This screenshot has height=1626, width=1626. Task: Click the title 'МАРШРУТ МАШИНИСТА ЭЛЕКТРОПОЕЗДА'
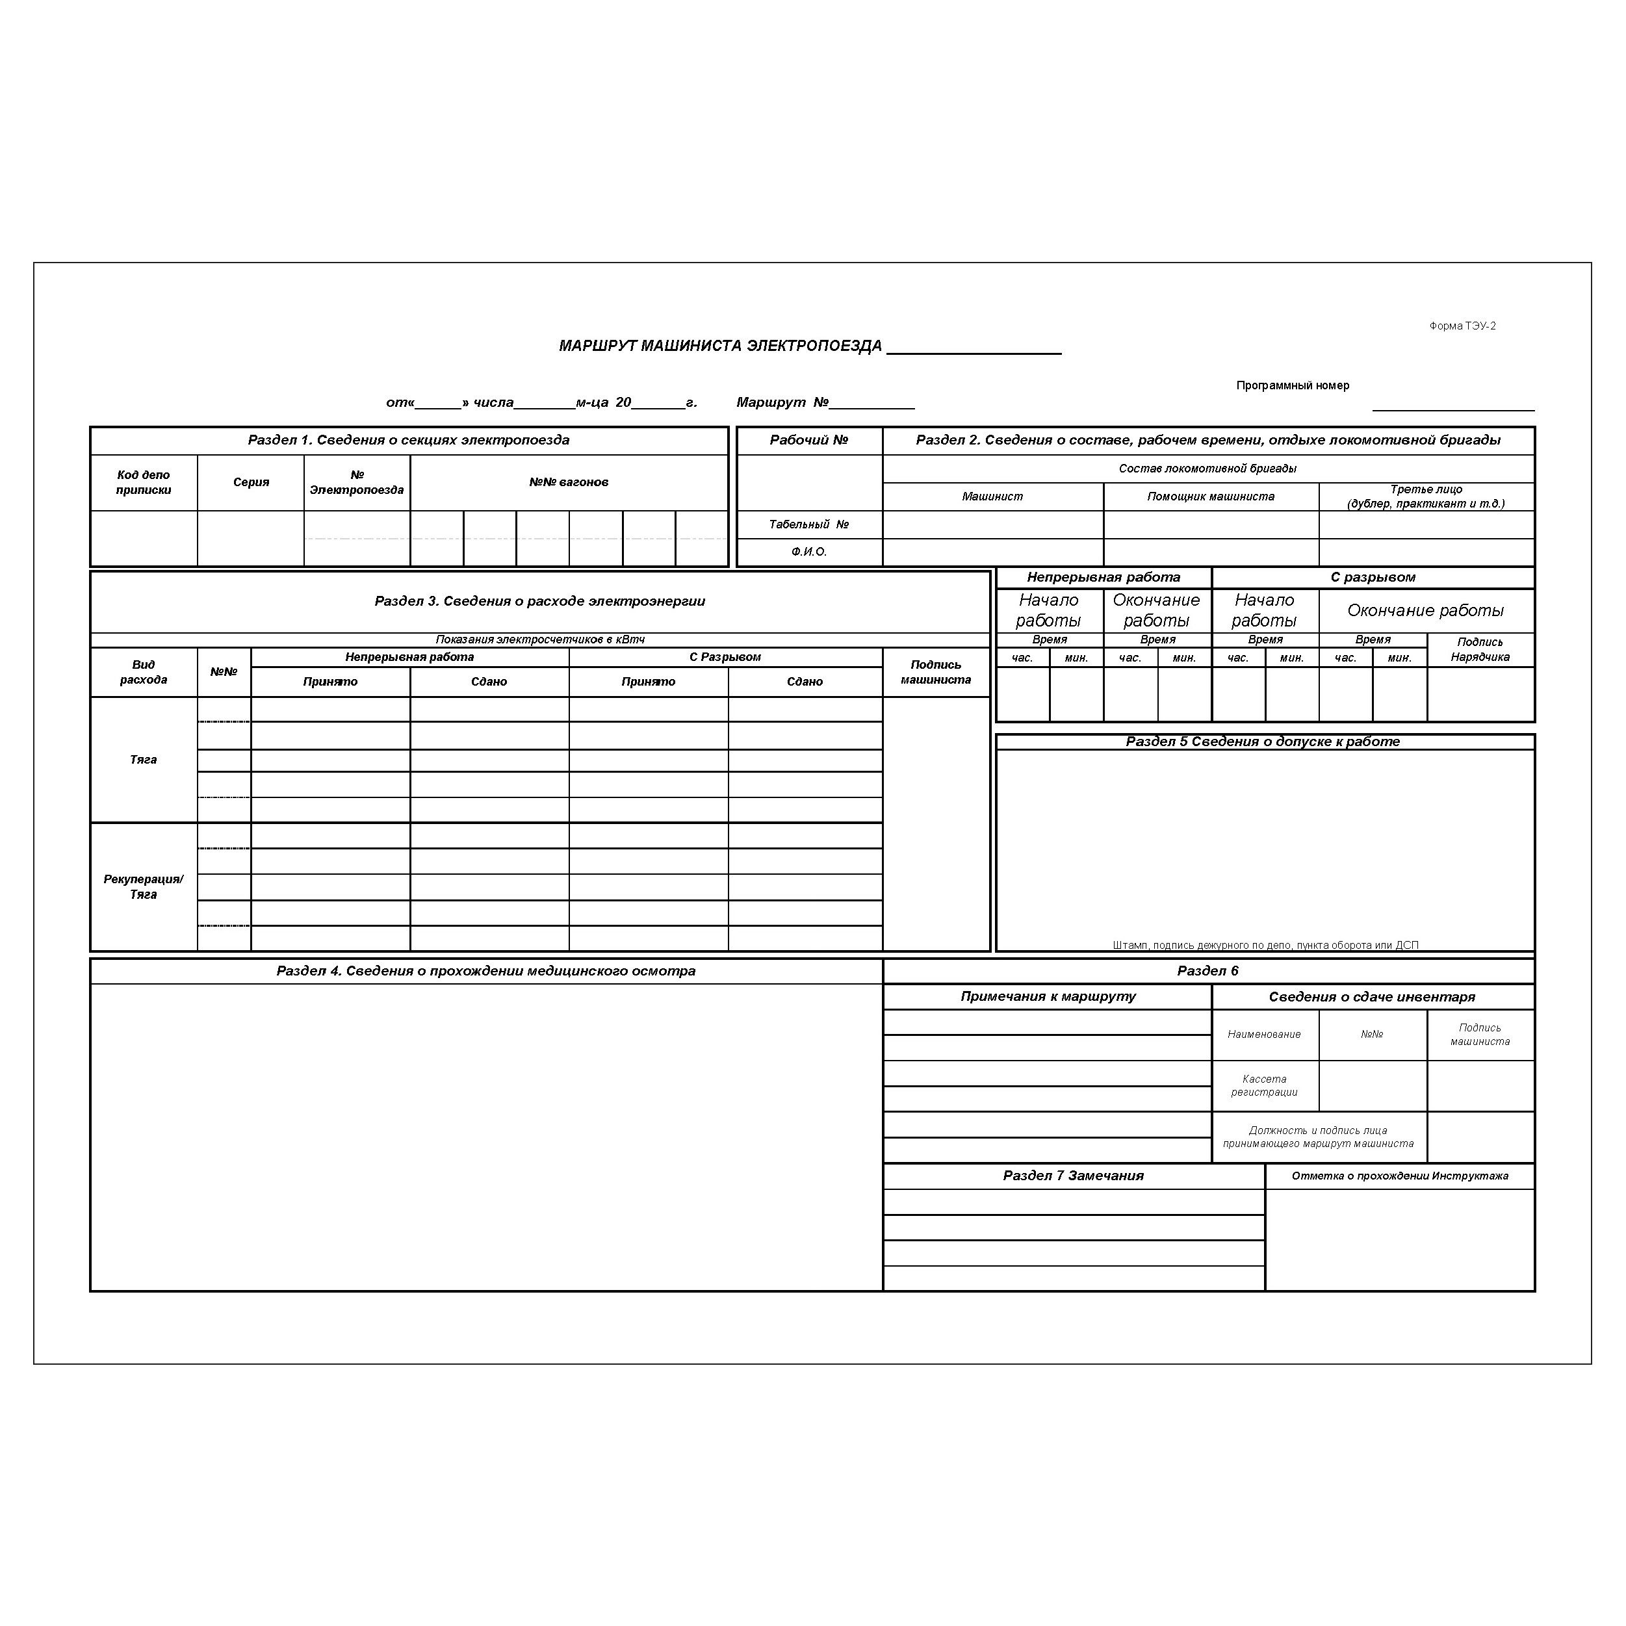(721, 346)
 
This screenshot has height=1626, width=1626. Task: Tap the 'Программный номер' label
(1292, 385)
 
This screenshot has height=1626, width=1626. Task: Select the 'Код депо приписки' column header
(144, 482)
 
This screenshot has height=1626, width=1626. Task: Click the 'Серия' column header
(251, 482)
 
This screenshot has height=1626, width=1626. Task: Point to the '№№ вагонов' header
(569, 482)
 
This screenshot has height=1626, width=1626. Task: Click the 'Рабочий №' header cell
(809, 439)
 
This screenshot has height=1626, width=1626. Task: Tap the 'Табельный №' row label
(809, 524)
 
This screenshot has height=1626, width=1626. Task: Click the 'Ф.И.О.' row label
(809, 552)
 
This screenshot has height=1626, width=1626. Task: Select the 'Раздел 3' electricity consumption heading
(539, 601)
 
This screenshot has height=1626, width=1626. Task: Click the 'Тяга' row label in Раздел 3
(144, 759)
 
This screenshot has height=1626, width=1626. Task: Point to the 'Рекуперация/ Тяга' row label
(144, 886)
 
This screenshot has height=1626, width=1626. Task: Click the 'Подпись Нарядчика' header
(1480, 650)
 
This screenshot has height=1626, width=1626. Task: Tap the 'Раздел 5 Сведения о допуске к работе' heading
(1263, 742)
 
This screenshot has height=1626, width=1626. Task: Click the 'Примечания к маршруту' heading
(1048, 996)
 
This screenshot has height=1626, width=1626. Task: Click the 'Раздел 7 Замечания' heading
(1073, 1176)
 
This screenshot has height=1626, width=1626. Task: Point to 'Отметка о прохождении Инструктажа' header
(1400, 1176)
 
